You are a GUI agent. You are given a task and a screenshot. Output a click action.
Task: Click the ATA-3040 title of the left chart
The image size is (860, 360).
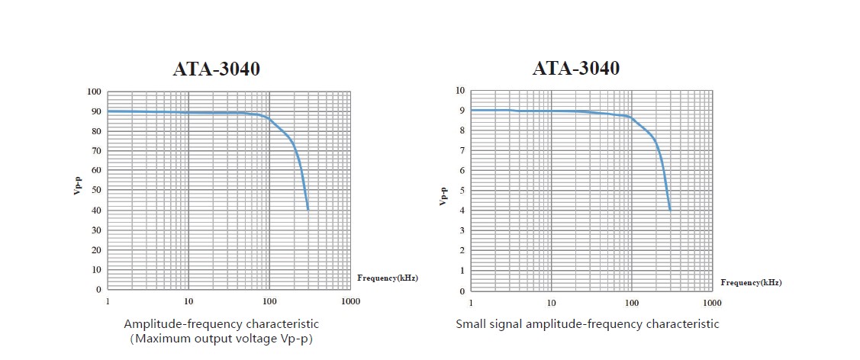[217, 69]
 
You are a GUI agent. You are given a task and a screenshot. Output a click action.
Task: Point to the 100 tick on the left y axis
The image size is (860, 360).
[94, 92]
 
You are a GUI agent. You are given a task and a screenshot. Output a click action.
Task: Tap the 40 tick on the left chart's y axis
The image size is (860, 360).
[96, 211]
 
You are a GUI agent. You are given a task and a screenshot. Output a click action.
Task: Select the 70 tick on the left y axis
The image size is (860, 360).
[96, 151]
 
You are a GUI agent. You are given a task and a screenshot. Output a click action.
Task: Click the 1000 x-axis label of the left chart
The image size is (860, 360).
[350, 302]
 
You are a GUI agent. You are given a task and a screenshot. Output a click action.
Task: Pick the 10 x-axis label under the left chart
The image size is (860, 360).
[188, 302]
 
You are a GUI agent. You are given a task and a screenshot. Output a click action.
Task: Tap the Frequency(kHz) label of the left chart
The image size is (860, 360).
[388, 278]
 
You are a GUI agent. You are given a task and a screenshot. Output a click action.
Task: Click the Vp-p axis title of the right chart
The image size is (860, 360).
[442, 196]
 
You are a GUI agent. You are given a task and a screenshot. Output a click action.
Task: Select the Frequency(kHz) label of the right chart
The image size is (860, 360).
[751, 283]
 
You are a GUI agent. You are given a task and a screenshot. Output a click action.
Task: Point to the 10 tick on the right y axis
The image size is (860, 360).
[459, 91]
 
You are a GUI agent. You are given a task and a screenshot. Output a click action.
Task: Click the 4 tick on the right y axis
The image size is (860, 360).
[462, 211]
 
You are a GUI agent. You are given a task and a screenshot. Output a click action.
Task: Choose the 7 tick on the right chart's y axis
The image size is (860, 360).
[462, 151]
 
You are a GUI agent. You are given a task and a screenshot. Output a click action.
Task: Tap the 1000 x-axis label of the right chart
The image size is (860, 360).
[711, 303]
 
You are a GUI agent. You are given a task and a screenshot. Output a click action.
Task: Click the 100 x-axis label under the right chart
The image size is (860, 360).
[631, 303]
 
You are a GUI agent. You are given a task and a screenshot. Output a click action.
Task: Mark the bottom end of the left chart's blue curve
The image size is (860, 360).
[308, 209]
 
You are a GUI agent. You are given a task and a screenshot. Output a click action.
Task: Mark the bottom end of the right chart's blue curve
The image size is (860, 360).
[669, 210]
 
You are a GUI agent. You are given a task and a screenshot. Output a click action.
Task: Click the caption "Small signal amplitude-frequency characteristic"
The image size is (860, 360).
[587, 324]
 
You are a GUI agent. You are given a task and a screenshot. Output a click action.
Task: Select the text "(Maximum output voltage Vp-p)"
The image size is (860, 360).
[221, 339]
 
